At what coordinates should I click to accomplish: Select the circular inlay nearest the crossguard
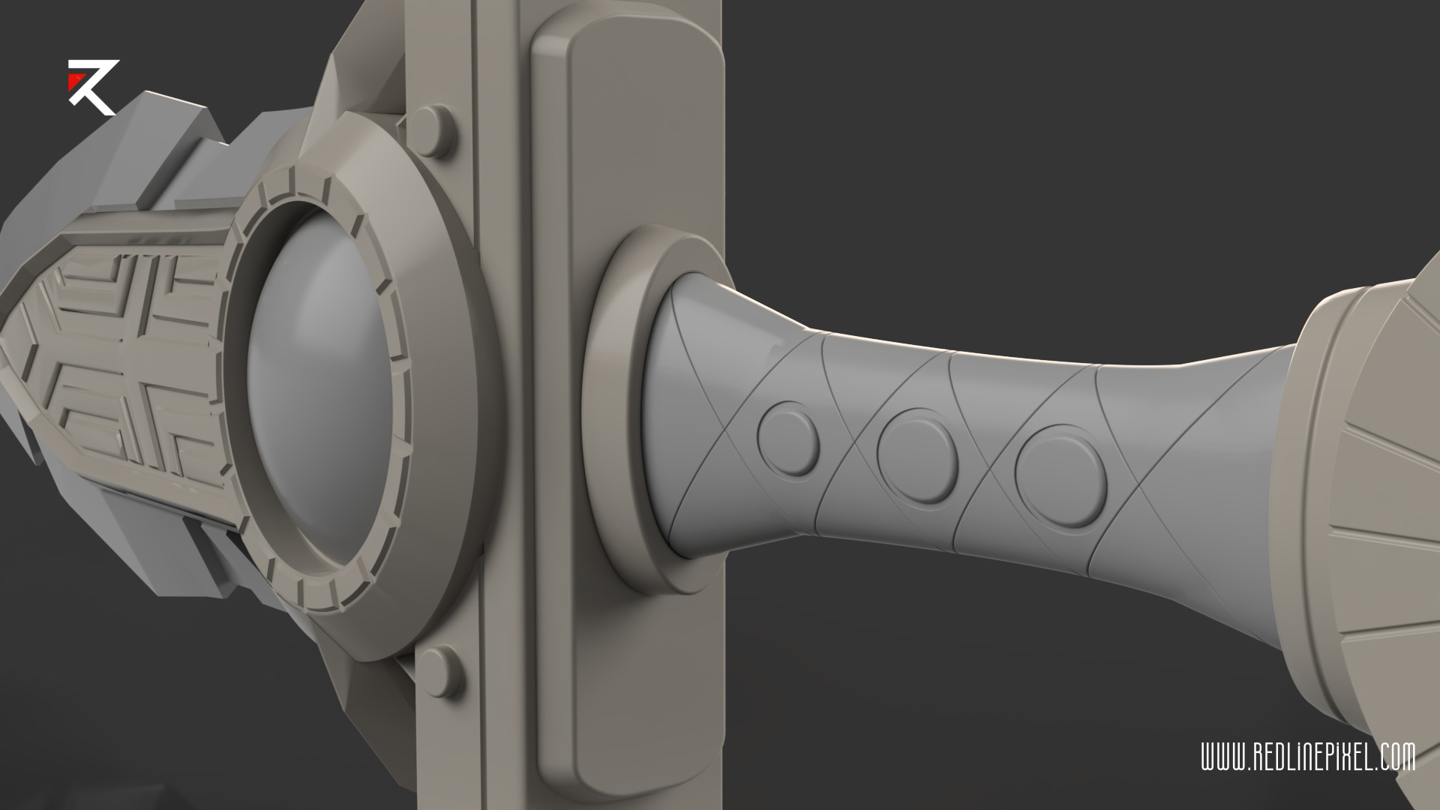788,439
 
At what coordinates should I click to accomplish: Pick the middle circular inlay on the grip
917,448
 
